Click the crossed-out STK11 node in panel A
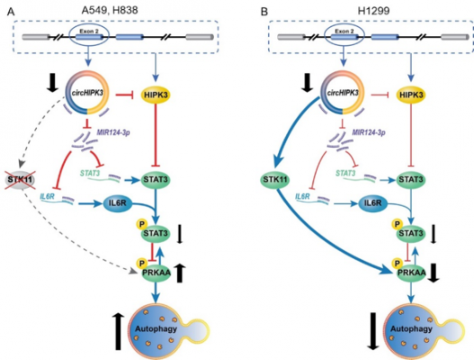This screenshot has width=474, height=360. (x=20, y=180)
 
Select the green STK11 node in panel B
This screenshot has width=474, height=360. (x=275, y=180)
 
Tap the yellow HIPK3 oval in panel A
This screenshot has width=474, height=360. (x=156, y=95)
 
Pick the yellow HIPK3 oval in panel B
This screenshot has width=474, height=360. (x=411, y=95)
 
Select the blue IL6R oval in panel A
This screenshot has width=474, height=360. (x=118, y=202)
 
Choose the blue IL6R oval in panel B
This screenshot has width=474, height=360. (x=373, y=202)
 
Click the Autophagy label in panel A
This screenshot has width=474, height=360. (x=156, y=328)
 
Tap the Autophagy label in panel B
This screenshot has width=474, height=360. (x=411, y=328)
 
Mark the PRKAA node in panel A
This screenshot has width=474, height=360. (x=157, y=273)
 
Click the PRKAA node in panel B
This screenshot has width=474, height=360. (x=411, y=273)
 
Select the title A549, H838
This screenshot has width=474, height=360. (x=110, y=11)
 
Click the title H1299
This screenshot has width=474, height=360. (x=373, y=11)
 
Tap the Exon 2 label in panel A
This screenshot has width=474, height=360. (x=89, y=31)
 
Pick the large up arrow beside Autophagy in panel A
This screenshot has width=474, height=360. (x=119, y=331)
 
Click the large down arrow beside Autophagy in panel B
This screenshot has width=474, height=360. (x=374, y=331)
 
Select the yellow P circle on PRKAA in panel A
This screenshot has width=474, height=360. (x=142, y=263)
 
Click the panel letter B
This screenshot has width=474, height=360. (x=264, y=12)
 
